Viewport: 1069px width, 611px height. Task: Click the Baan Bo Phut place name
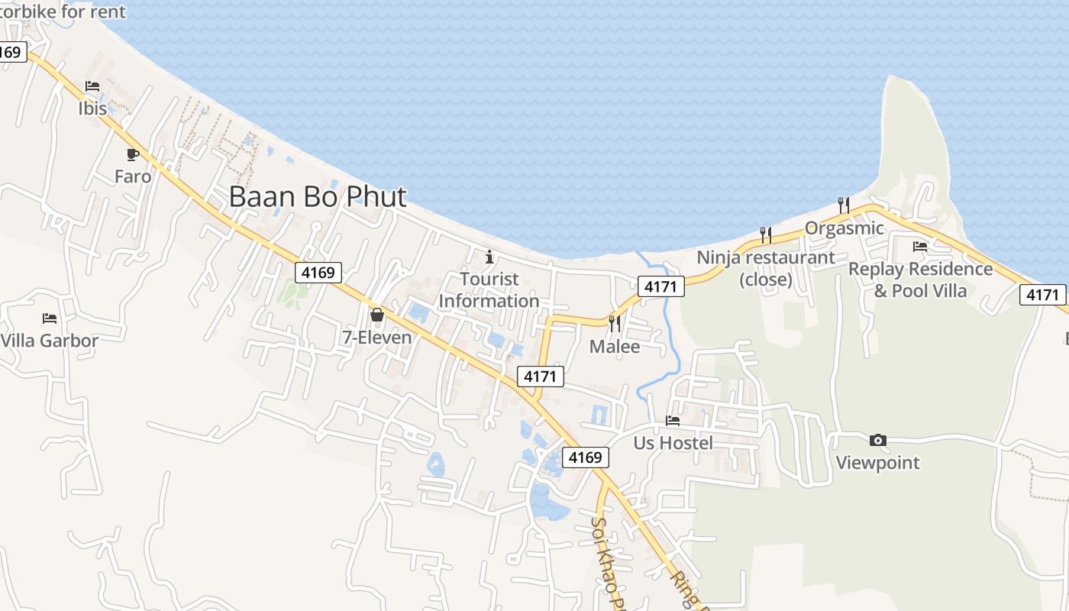[x=318, y=197]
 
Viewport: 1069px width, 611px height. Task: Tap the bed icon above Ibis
[x=92, y=86]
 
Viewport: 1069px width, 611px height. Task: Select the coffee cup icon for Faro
[x=133, y=154]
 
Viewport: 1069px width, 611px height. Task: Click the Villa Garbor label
[x=50, y=341]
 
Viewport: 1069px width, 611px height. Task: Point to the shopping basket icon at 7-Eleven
[x=376, y=315]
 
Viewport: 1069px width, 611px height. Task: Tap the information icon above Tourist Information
[x=489, y=257]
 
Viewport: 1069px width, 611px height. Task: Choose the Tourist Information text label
[x=489, y=290]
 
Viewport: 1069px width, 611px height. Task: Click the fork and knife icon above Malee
[x=615, y=324]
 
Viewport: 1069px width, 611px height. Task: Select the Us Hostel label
[x=673, y=443]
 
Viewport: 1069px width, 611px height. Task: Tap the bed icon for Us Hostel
[x=673, y=420]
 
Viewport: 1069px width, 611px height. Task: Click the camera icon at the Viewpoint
[x=878, y=440]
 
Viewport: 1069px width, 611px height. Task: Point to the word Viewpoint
[x=878, y=463]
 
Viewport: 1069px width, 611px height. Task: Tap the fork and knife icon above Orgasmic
[x=844, y=205]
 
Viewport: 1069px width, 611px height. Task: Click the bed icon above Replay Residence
[x=920, y=246]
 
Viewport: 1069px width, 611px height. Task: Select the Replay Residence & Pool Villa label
[x=920, y=280]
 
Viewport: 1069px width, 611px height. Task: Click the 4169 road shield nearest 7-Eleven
[x=318, y=272]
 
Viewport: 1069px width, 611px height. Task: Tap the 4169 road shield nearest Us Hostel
[x=586, y=457]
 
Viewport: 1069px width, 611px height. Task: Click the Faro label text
[x=133, y=176]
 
